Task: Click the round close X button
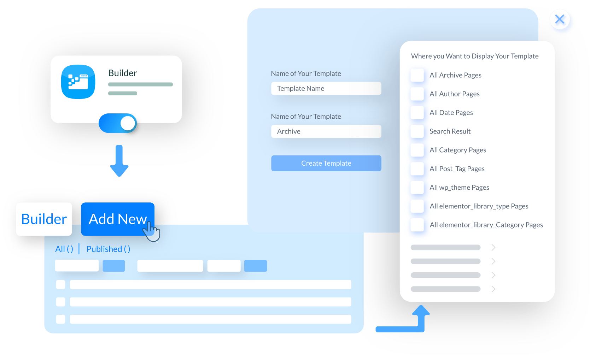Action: tap(560, 19)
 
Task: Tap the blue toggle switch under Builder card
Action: tap(118, 123)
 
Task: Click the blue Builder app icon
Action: tap(78, 82)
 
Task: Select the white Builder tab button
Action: tap(44, 219)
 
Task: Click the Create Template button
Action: tap(326, 163)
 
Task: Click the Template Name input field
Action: tap(326, 88)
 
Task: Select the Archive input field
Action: tap(326, 131)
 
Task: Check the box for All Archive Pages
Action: tap(417, 75)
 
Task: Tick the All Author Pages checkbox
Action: tap(417, 94)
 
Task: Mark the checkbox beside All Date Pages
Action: tap(417, 113)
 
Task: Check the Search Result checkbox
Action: tap(417, 131)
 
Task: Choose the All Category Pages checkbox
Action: tap(417, 150)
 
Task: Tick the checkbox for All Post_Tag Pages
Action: tap(417, 169)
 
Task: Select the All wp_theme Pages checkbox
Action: tap(417, 188)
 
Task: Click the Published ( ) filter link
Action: tap(108, 249)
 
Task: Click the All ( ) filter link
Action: tap(64, 249)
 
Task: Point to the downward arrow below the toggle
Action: tap(119, 161)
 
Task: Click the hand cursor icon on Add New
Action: tap(152, 231)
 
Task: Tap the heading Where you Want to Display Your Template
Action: tap(474, 56)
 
